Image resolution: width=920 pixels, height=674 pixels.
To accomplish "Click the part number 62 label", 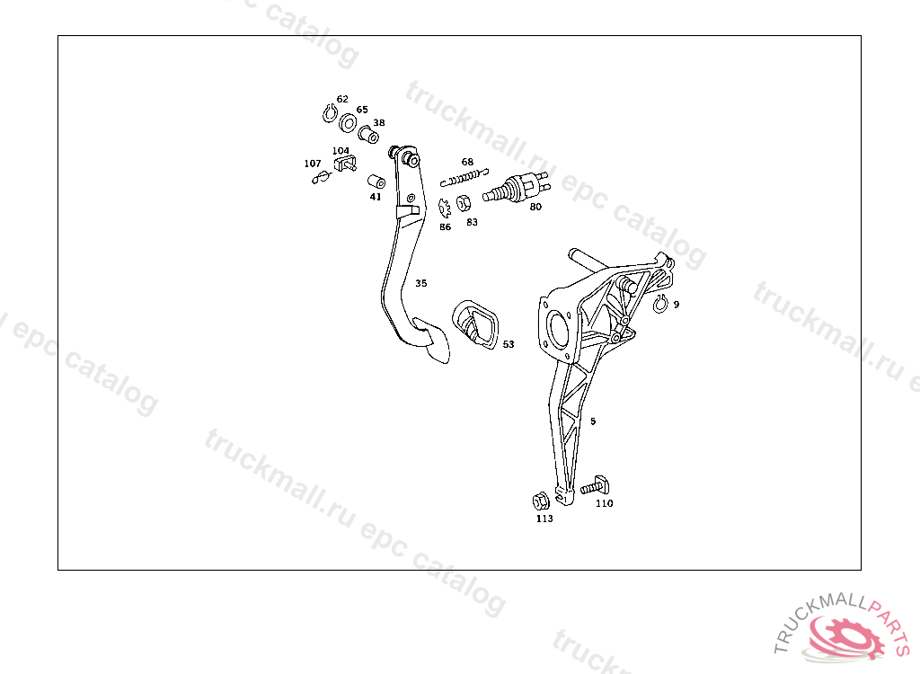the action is (342, 99).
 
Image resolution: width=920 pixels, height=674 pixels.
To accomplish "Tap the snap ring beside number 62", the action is (329, 114).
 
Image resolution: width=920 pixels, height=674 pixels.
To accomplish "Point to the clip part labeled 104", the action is (342, 164).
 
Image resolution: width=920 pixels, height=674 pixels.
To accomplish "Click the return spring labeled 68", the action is (467, 175).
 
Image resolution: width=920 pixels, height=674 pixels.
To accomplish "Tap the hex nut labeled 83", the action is (464, 202).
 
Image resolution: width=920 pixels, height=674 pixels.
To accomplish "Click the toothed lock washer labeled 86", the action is (444, 208).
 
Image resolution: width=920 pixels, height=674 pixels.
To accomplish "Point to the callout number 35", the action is (420, 283).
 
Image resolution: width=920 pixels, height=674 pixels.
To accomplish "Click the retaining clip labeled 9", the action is (659, 305).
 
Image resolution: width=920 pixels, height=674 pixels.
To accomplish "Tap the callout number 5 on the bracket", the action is (593, 421).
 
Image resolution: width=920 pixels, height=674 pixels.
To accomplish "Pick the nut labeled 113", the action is (541, 501).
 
